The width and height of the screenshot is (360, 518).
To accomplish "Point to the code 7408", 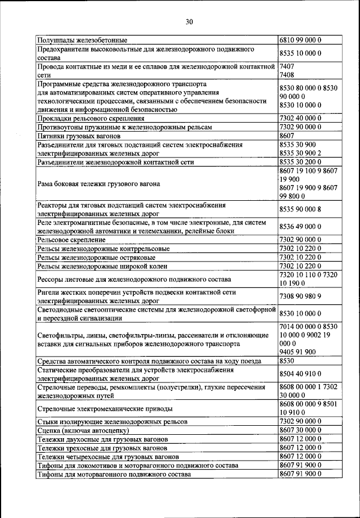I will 287,74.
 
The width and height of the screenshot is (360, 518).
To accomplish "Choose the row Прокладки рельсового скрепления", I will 91,119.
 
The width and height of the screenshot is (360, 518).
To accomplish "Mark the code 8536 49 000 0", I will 300,227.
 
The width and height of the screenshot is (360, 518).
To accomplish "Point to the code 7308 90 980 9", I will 300,296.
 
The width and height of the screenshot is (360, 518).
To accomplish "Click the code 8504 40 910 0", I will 300,373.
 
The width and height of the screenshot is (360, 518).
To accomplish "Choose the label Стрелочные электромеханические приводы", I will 105,408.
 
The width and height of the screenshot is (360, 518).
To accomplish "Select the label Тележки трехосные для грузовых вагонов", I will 102,448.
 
